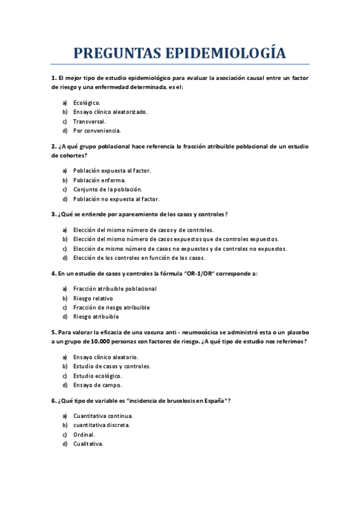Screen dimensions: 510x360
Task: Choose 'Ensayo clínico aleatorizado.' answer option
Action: [110, 112]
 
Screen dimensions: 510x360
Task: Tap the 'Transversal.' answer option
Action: [89, 121]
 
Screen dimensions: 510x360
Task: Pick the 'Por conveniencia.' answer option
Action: [97, 131]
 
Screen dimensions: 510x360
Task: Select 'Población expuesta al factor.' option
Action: [112, 171]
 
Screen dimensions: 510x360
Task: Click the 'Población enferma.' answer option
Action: [99, 180]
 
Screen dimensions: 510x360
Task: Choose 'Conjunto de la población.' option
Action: [107, 189]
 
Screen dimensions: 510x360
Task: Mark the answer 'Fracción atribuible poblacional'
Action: [114, 289]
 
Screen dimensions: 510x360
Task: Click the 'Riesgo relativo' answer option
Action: [93, 298]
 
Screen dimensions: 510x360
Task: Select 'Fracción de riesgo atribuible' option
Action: [111, 307]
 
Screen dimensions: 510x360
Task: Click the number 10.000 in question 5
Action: [90, 342]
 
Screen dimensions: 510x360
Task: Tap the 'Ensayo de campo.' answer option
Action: [97, 385]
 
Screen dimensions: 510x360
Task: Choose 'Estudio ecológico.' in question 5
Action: [98, 376]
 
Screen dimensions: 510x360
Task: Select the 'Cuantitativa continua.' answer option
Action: [103, 416]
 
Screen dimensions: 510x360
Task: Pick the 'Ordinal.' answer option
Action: [84, 435]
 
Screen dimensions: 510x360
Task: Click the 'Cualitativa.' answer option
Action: [88, 444]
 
